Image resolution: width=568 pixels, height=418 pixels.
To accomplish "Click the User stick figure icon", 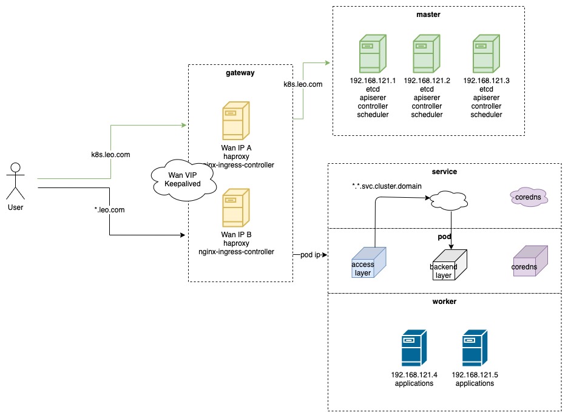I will coord(16,181).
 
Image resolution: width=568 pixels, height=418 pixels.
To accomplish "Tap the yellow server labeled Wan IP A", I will coord(236,121).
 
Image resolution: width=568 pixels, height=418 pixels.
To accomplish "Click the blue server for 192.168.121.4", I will coord(414,348).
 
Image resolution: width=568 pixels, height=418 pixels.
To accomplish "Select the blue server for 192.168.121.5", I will coord(475,348).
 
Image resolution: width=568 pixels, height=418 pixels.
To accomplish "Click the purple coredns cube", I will coord(530,261).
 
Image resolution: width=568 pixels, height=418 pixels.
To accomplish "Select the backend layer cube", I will coord(450,265).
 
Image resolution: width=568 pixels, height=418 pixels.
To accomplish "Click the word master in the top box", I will coord(428,15).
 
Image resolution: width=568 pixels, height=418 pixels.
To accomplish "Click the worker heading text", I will coord(444,301).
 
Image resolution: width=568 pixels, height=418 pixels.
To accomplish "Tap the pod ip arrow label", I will coord(309,255).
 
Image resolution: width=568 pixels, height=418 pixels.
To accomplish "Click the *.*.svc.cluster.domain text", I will coord(387,185).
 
